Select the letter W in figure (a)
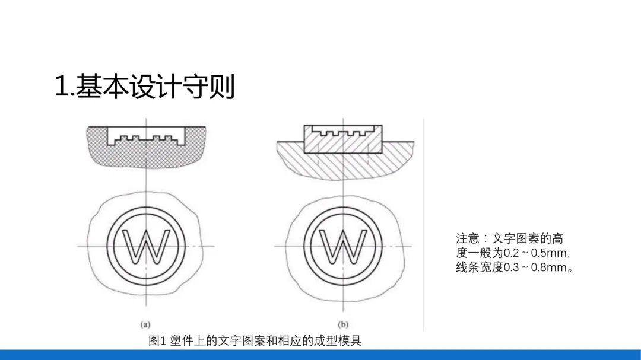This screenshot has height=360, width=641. coord(145,246)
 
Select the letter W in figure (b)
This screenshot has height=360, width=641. coord(342,246)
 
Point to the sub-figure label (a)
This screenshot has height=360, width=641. coord(145,324)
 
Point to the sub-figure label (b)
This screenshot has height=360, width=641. coord(343,324)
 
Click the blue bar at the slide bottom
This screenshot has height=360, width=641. coord(320,355)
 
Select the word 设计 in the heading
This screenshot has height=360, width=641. coord(154,87)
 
